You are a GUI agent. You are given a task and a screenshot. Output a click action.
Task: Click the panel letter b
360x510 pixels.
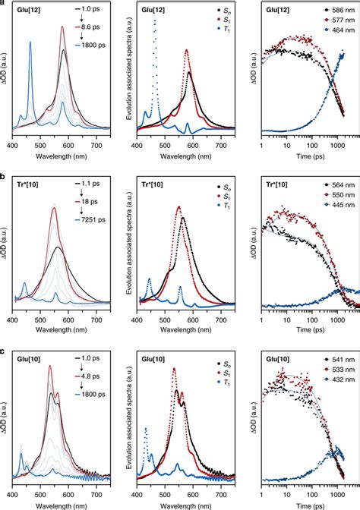(5, 174)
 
